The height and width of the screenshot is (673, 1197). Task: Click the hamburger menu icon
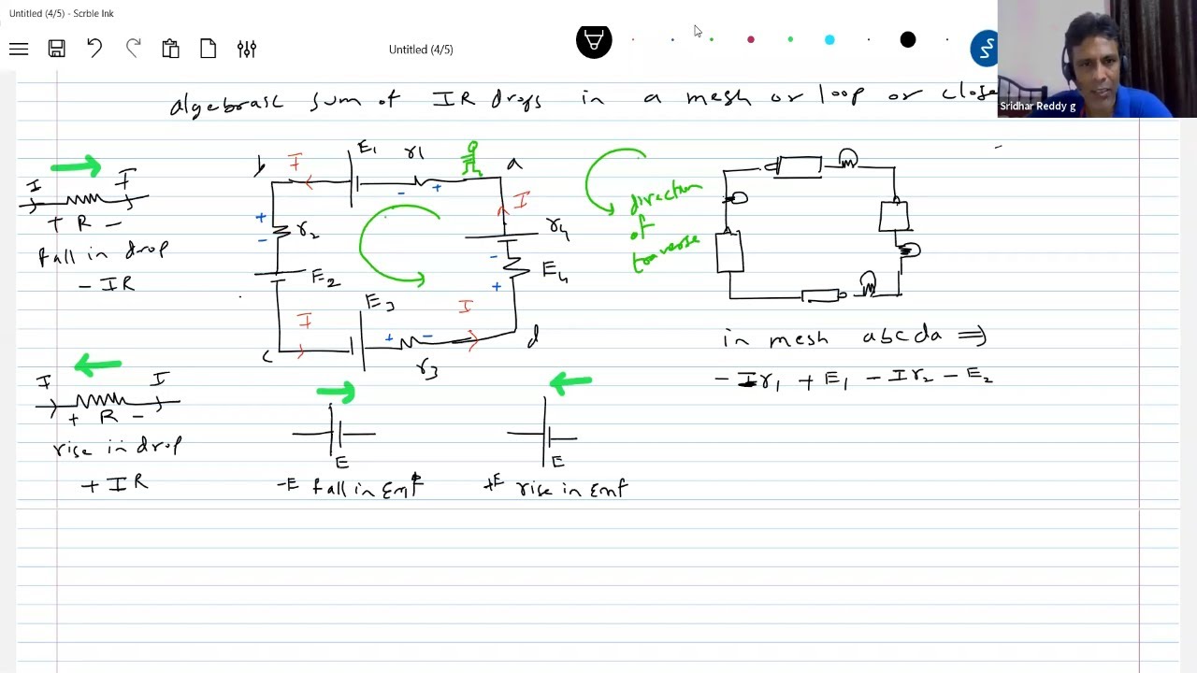point(19,49)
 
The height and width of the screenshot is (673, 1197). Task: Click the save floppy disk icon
point(57,49)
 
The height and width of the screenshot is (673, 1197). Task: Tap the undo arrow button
point(94,49)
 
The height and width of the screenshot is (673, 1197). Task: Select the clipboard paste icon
point(170,49)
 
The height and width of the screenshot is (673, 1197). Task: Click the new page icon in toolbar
point(208,49)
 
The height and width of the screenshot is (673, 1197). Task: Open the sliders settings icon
point(247,49)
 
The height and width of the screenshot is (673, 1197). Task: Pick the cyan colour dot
point(829,39)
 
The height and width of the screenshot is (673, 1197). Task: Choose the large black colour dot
point(908,39)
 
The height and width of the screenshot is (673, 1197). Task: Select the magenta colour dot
point(751,39)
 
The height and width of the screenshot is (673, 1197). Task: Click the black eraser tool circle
point(594,40)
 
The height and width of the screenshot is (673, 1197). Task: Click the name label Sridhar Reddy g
point(1037,107)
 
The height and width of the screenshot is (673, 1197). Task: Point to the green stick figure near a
point(472,160)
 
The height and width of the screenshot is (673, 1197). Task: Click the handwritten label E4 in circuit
point(554,271)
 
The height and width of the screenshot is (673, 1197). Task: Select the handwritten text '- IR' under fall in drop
point(107,284)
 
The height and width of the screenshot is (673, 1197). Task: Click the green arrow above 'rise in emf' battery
point(570,381)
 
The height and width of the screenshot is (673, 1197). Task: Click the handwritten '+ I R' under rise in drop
point(114,484)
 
